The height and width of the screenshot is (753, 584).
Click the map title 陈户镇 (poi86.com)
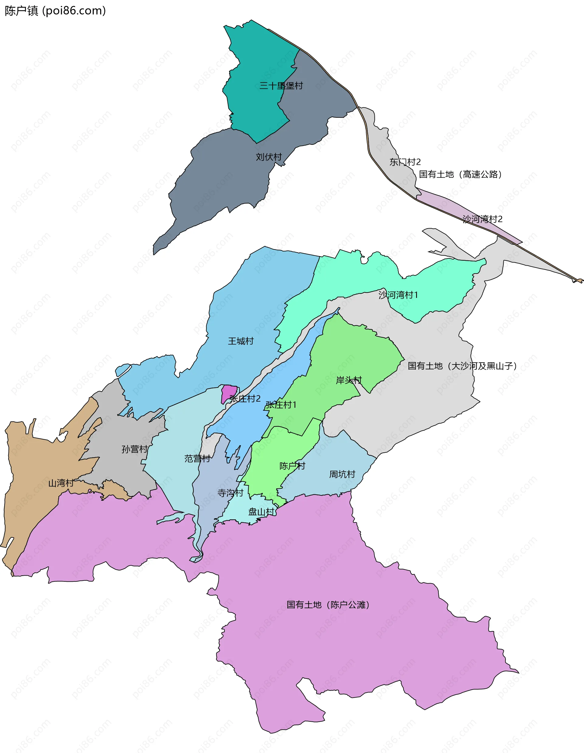point(55,11)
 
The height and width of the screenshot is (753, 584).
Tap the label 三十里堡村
point(281,85)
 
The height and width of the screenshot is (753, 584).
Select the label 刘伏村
point(269,157)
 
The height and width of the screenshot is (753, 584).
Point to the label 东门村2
point(405,162)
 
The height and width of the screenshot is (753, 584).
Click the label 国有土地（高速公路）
point(460,174)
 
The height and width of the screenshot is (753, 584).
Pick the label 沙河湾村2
point(482,219)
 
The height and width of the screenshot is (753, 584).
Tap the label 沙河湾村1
point(398,295)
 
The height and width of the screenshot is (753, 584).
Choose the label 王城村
point(241,341)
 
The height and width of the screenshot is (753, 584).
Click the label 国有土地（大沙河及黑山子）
point(462,366)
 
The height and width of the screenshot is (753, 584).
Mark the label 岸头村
point(349,380)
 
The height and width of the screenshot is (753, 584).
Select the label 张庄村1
point(281,404)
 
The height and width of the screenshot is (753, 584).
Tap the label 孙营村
point(134,449)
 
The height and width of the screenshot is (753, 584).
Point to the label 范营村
point(197,458)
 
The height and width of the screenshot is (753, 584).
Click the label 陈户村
point(292,466)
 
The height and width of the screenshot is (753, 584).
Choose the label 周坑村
point(342,474)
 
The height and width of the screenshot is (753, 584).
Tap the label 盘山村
point(261,512)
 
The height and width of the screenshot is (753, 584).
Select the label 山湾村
point(61,483)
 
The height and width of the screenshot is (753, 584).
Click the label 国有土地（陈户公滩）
point(328,605)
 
